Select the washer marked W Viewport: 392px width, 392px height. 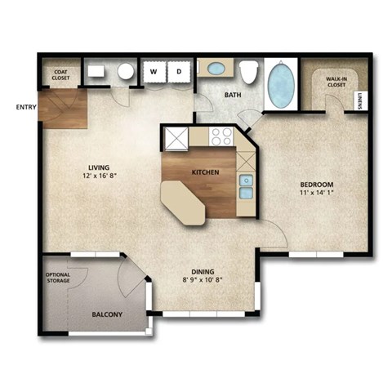153,72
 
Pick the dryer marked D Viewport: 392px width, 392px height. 179,72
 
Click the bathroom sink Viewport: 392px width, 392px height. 217,69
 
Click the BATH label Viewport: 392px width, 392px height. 233,96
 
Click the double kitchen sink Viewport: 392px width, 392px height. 246,186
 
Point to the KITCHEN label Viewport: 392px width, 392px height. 204,172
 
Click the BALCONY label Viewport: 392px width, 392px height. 107,314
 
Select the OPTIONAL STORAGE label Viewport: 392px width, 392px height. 57,277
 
